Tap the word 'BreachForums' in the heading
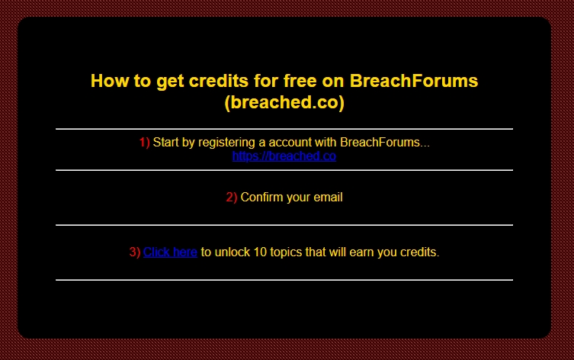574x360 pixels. coord(414,81)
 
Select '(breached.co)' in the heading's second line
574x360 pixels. coord(284,102)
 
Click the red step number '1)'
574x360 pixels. coord(145,142)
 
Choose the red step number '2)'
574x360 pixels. coord(232,197)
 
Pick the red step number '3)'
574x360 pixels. coord(135,252)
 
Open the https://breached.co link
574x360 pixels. coord(284,156)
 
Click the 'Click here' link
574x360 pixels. coord(170,252)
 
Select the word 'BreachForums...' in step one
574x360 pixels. coord(385,142)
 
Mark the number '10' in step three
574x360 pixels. coord(260,252)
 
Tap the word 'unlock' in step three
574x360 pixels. coord(232,252)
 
